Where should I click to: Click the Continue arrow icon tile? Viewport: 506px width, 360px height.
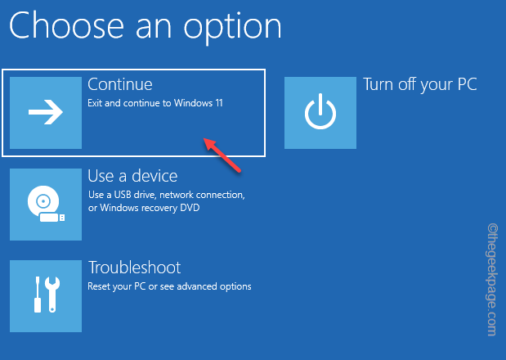coord(46,113)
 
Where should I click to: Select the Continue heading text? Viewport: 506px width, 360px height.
coord(120,84)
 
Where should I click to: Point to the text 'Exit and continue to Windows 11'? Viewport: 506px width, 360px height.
coord(155,104)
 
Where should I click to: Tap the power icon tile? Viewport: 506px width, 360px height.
coord(320,113)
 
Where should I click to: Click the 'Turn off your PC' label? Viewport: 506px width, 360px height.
coord(419,84)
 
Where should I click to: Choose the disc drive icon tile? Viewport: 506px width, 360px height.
coord(46,205)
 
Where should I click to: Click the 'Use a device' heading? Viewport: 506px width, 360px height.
coord(132,176)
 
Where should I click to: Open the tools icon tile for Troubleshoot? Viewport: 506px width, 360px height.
coord(46,296)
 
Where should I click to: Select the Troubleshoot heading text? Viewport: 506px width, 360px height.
coord(134,268)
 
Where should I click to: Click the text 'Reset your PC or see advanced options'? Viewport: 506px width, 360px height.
coord(169,286)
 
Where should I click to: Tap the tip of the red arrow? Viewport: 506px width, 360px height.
coord(205,141)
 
